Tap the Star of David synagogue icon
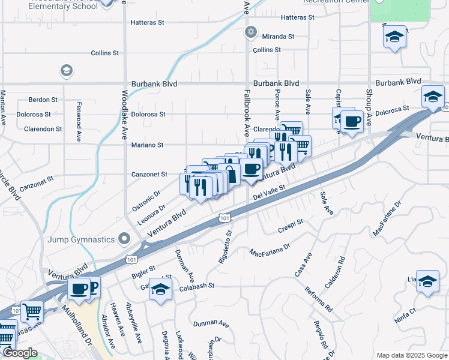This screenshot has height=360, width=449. (250, 31)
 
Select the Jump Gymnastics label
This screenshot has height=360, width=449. (81, 239)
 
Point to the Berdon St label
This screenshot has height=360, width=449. (43, 100)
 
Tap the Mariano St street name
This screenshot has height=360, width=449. (148, 145)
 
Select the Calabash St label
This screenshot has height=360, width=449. (195, 286)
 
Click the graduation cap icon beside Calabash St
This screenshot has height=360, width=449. (160, 290)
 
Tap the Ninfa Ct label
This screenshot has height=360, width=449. (405, 311)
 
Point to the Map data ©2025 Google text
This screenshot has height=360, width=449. (411, 355)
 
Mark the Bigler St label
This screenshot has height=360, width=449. (143, 272)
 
